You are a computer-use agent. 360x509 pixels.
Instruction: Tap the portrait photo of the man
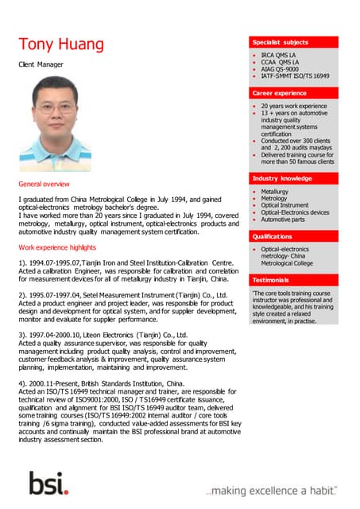(54, 118)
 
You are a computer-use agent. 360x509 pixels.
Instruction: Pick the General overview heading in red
(45, 184)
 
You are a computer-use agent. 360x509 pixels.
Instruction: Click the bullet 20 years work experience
(293, 106)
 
